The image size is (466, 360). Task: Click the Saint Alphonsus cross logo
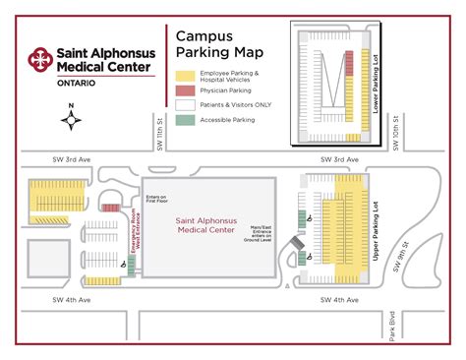coord(40,60)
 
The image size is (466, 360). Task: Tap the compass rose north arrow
coord(72,121)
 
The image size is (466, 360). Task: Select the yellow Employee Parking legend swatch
coord(185,75)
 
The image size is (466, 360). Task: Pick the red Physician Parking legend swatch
coord(185,90)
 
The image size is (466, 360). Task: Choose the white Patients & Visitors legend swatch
coord(185,104)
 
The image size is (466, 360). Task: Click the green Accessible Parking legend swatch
coord(185,120)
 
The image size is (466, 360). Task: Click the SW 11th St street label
coord(158,132)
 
